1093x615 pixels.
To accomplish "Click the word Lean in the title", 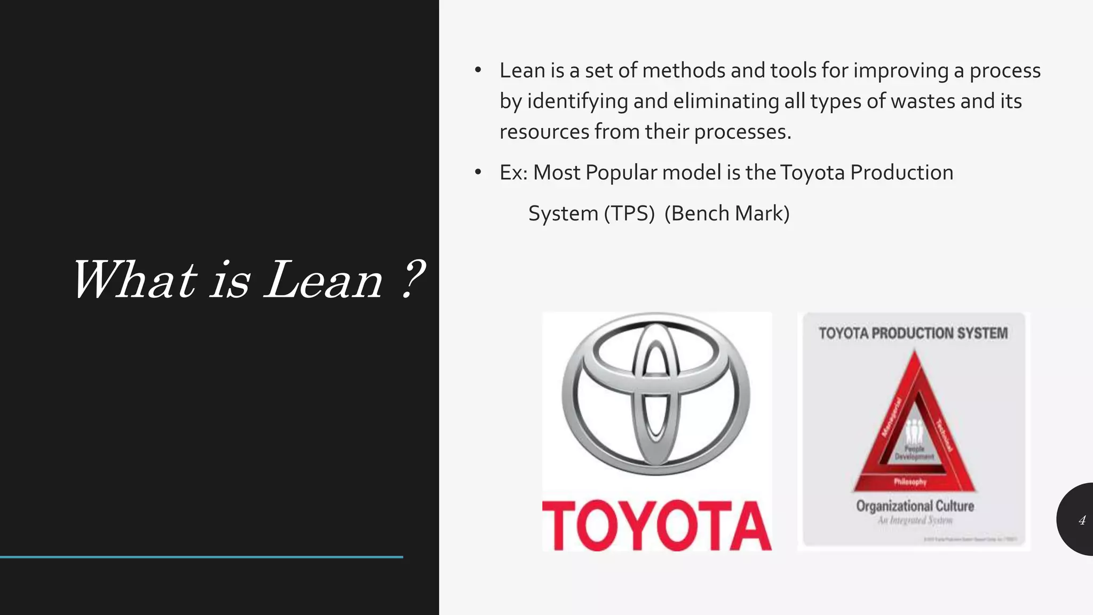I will [x=323, y=281].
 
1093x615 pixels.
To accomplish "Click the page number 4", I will [x=1082, y=521].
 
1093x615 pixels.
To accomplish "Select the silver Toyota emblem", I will [x=656, y=395].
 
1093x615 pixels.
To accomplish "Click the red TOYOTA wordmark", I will [x=657, y=525].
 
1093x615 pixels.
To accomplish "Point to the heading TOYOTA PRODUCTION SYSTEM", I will [x=913, y=334].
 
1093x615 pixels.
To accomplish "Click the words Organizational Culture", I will [x=915, y=506].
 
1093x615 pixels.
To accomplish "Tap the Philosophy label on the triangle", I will [x=910, y=482].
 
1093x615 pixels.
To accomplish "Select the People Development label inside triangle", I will [x=914, y=453].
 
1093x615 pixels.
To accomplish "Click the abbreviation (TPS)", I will [x=629, y=214].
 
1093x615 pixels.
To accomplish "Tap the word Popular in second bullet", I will [x=621, y=172].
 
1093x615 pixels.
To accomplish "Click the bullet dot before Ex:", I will [x=478, y=172].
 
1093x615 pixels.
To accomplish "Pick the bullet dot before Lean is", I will [x=478, y=70].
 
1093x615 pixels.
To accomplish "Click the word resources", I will [x=544, y=132].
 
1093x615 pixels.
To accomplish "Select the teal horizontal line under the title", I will [x=201, y=557].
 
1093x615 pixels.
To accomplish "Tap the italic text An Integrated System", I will [x=915, y=521].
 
